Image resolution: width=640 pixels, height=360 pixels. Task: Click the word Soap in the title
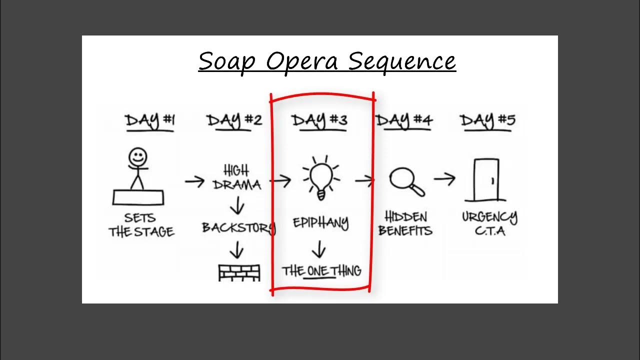226,61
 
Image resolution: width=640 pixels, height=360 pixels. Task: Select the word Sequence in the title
402,62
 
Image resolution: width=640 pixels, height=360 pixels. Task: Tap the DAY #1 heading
150,121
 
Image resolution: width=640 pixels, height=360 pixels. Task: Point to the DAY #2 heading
234,121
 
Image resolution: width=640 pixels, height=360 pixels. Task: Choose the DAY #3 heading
319,121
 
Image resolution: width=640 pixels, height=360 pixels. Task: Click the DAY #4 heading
404,121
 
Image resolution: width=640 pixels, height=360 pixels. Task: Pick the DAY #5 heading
488,121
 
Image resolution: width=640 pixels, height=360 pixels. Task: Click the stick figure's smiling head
137,156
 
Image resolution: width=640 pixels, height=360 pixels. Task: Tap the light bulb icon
321,177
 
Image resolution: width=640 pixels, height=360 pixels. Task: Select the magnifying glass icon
407,181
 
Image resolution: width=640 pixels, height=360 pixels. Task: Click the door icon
486,180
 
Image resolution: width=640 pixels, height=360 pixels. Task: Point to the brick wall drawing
239,273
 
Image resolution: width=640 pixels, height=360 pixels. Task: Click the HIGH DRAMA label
237,177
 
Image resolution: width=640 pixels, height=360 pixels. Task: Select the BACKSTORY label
239,227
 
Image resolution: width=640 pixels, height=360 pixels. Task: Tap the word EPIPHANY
321,223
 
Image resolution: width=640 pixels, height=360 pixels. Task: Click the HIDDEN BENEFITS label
405,223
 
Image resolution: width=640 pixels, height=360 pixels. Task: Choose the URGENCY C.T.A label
489,223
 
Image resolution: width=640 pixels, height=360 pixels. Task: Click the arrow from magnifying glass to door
444,179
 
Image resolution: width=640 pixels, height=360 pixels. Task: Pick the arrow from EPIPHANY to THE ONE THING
319,249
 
